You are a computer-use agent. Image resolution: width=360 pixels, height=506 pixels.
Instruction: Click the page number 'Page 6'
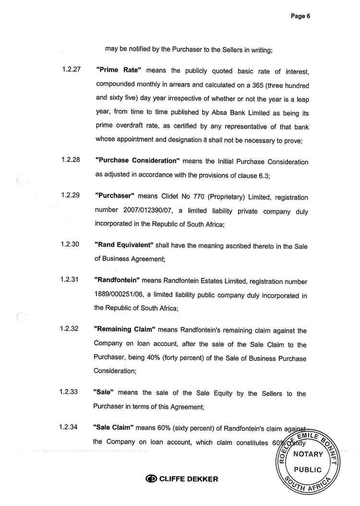click(301, 16)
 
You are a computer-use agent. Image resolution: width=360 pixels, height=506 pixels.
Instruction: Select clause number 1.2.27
click(71, 70)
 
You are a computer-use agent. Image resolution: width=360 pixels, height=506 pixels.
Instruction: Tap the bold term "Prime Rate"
click(119, 70)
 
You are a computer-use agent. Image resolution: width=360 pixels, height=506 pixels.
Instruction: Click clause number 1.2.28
click(71, 160)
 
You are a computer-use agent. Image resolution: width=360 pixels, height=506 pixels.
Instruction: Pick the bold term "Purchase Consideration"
click(138, 161)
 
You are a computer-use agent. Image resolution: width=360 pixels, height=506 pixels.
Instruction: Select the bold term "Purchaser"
click(115, 196)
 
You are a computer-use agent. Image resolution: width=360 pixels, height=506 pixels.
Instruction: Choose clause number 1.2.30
click(71, 244)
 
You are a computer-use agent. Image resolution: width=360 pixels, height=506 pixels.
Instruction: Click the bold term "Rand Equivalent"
click(124, 245)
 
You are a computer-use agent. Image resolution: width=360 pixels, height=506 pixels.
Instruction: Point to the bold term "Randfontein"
click(117, 280)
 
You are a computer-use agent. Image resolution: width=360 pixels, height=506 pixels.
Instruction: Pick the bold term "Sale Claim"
click(113, 427)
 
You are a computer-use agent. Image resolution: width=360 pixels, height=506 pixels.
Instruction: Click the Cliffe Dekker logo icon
click(151, 479)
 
